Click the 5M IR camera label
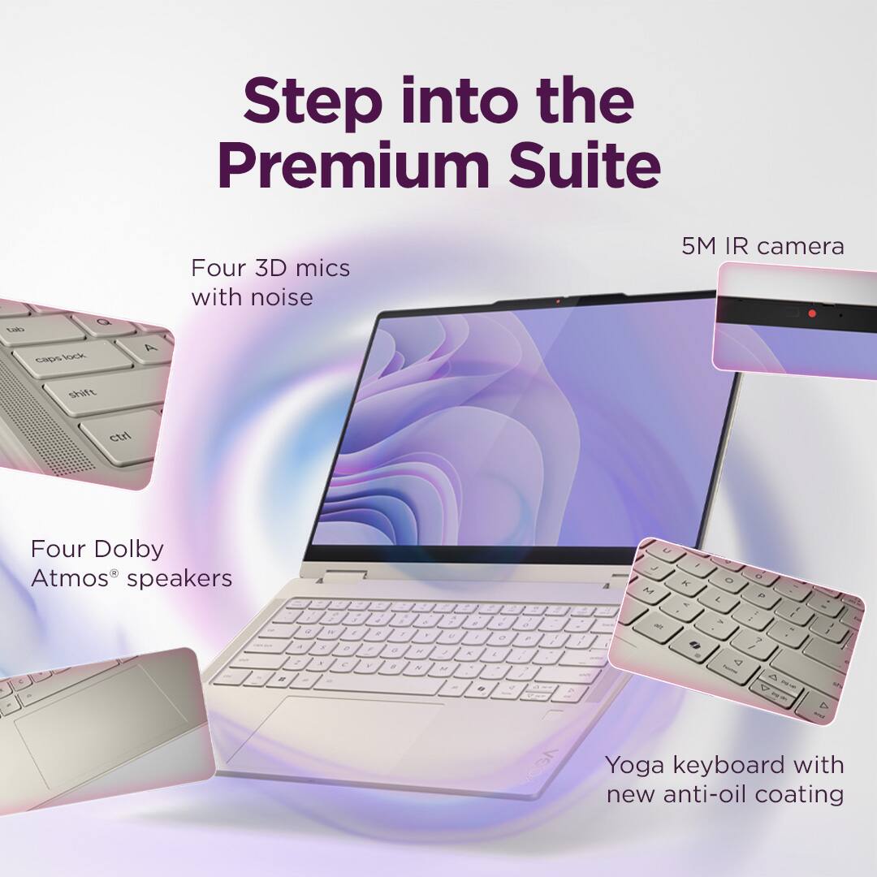click(763, 246)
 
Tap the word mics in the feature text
click(317, 268)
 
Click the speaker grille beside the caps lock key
click(41, 422)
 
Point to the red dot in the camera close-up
click(811, 313)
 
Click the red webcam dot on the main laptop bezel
click(557, 301)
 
